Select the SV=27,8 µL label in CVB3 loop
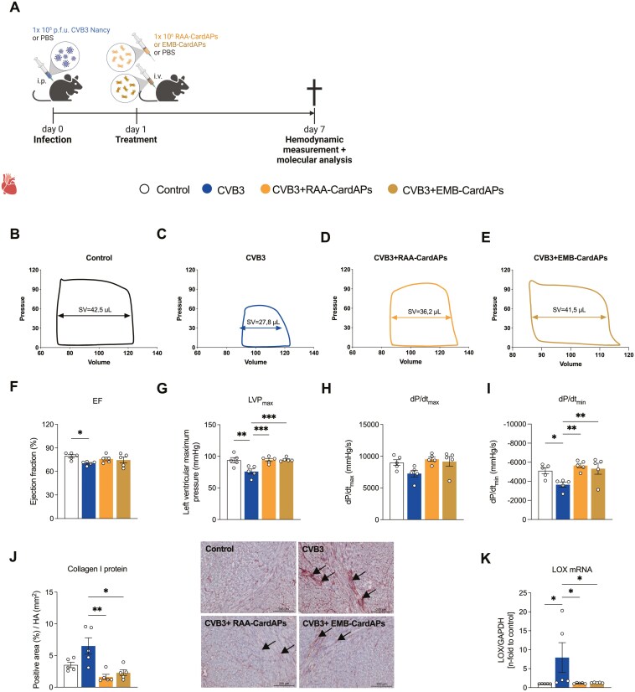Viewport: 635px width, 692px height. tap(252, 320)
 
